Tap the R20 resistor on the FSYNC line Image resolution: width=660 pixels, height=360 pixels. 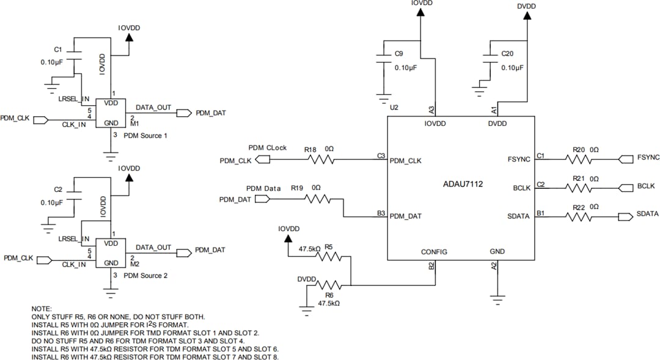[x=580, y=159]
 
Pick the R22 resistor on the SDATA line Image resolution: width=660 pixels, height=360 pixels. [x=580, y=217]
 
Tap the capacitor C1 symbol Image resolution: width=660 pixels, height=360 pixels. [x=74, y=51]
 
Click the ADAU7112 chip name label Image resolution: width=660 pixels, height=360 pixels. [x=463, y=183]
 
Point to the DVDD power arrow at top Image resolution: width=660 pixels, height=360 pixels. [x=526, y=15]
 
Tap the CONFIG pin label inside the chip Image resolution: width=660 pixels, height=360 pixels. [x=434, y=252]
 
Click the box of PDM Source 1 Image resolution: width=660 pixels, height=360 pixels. [x=110, y=114]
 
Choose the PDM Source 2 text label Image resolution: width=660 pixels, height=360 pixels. [x=145, y=276]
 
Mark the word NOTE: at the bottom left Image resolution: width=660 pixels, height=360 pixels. [x=42, y=309]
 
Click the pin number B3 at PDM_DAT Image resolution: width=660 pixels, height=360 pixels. [x=381, y=213]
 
